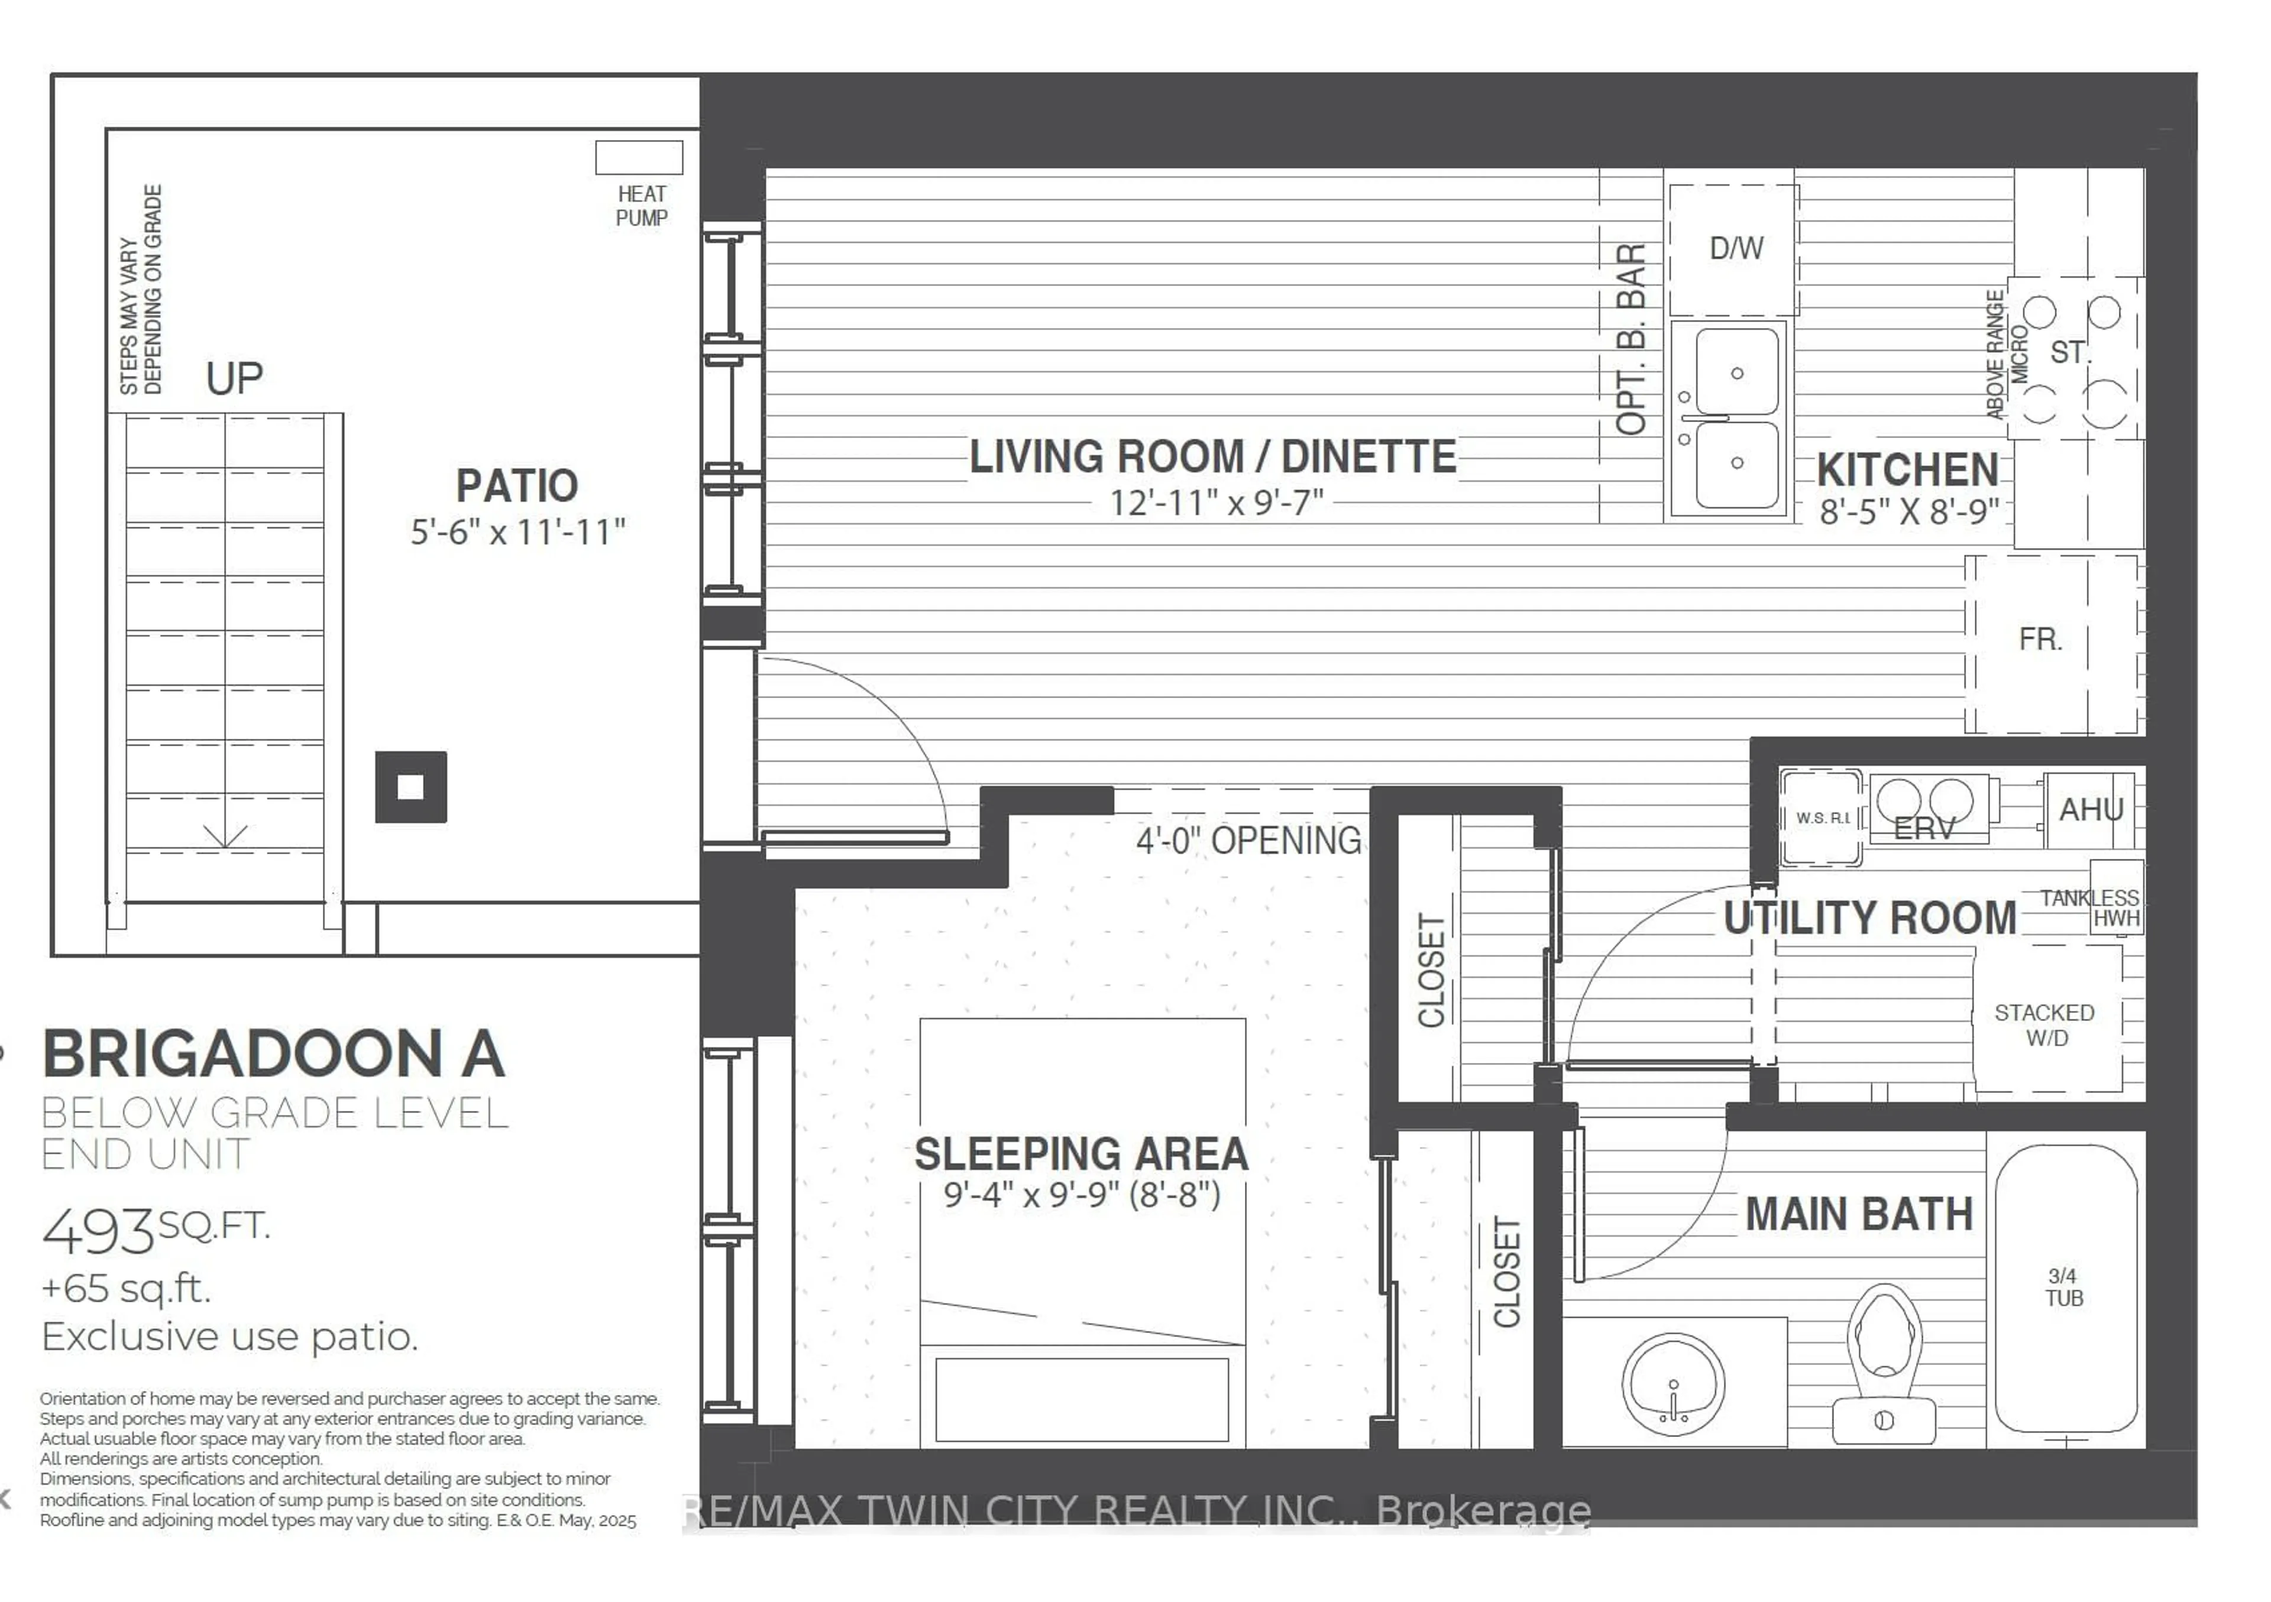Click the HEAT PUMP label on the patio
pos(641,206)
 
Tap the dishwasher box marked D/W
pos(1735,248)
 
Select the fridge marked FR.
pos(2040,640)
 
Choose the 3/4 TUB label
pos(2063,1288)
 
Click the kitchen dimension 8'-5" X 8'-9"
pos(1909,511)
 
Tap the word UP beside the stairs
pos(234,379)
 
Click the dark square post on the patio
pos(410,787)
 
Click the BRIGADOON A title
pos(274,1054)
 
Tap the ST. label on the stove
pos(2068,352)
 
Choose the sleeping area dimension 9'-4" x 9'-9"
pos(1081,1195)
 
